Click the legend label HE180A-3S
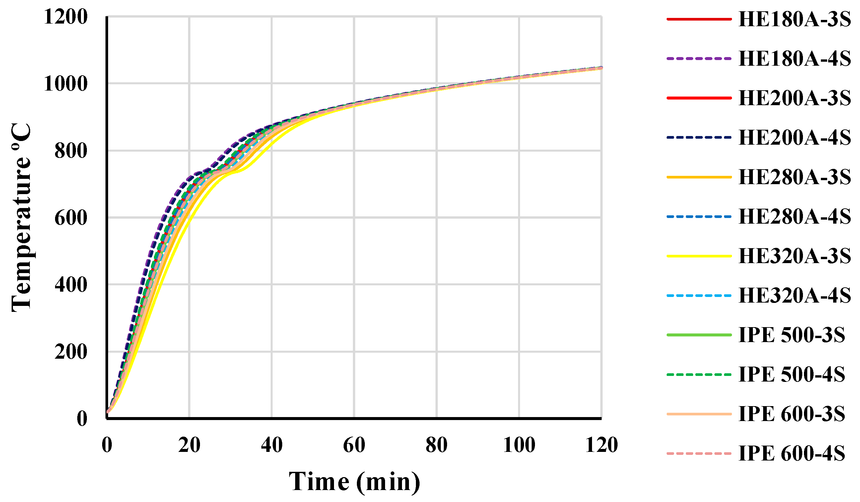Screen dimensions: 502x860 tap(794, 20)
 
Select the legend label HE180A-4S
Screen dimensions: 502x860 tap(794, 59)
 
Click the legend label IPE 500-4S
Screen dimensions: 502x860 tap(792, 375)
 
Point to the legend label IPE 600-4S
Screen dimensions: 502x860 tap(792, 454)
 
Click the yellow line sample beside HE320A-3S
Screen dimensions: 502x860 tap(699, 256)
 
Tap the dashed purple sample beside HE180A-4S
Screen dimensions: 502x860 tap(699, 59)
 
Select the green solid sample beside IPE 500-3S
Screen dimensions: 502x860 tap(699, 335)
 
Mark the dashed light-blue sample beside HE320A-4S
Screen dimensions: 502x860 tap(699, 296)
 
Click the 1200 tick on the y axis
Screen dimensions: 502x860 tap(66, 17)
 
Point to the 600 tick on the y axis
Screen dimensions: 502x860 tap(71, 218)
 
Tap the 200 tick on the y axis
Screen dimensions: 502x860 tap(71, 352)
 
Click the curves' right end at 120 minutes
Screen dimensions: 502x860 tap(601, 68)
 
